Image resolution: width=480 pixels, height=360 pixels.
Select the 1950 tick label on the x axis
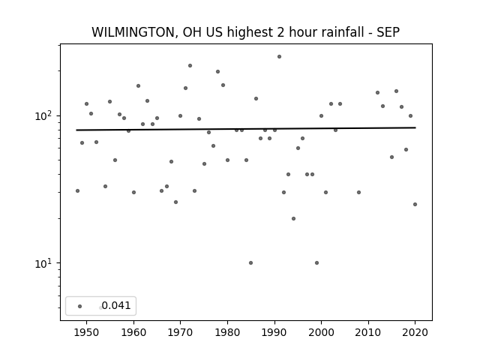[x=87, y=332]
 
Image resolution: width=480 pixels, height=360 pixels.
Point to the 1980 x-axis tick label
[x=227, y=332]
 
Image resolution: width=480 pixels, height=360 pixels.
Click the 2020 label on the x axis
[x=415, y=332]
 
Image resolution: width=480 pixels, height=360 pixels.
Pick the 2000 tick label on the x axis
[x=321, y=332]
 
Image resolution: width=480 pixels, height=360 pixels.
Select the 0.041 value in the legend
[x=116, y=305]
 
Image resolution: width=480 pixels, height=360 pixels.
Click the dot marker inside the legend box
[x=80, y=306]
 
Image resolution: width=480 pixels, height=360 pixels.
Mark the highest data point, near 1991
[x=279, y=57]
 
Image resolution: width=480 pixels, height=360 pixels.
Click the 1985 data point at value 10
[x=250, y=262]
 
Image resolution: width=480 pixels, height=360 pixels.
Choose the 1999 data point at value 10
[x=316, y=262]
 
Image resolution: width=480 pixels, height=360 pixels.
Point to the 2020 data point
[x=415, y=204]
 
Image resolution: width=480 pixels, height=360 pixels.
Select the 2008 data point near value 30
[x=358, y=192]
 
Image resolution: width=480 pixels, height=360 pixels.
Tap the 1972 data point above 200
[x=190, y=65]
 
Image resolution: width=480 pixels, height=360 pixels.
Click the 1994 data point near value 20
[x=293, y=218]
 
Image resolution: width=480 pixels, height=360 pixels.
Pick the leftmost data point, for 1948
[x=77, y=190]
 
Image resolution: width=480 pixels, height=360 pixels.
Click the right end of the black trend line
[x=415, y=127]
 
